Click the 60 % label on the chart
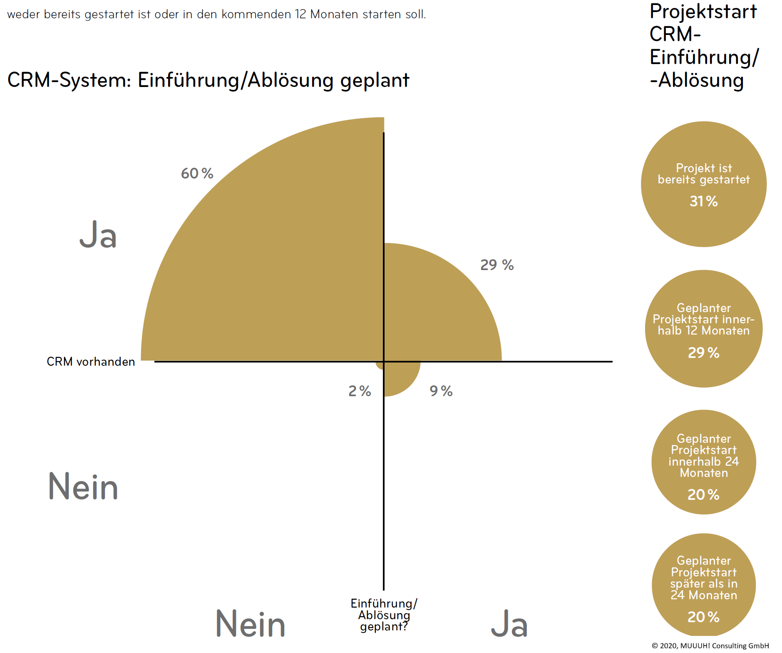click(x=197, y=173)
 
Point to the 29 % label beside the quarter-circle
click(x=497, y=265)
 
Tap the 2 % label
click(x=360, y=391)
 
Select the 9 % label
click(x=441, y=391)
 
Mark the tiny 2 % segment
click(x=380, y=365)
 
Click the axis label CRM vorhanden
click(x=91, y=362)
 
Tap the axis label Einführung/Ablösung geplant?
click(x=384, y=615)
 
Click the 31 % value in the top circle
click(x=703, y=201)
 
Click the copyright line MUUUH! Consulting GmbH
click(x=710, y=646)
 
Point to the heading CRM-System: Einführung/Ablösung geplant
click(x=208, y=80)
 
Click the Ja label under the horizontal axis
click(x=509, y=624)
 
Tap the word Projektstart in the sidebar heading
click(x=703, y=11)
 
